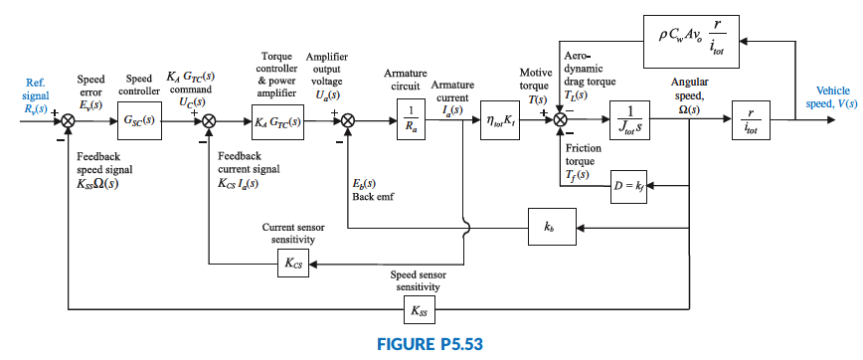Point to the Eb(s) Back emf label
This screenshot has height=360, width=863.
373,190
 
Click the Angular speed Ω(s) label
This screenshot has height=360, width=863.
689,93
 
